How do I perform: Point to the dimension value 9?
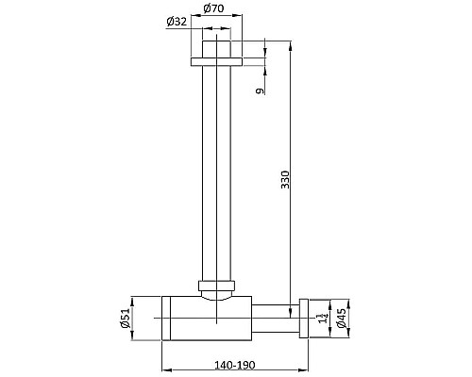point(259,91)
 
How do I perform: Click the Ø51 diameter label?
point(125,319)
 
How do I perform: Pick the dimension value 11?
point(322,319)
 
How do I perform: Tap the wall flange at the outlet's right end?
point(304,318)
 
